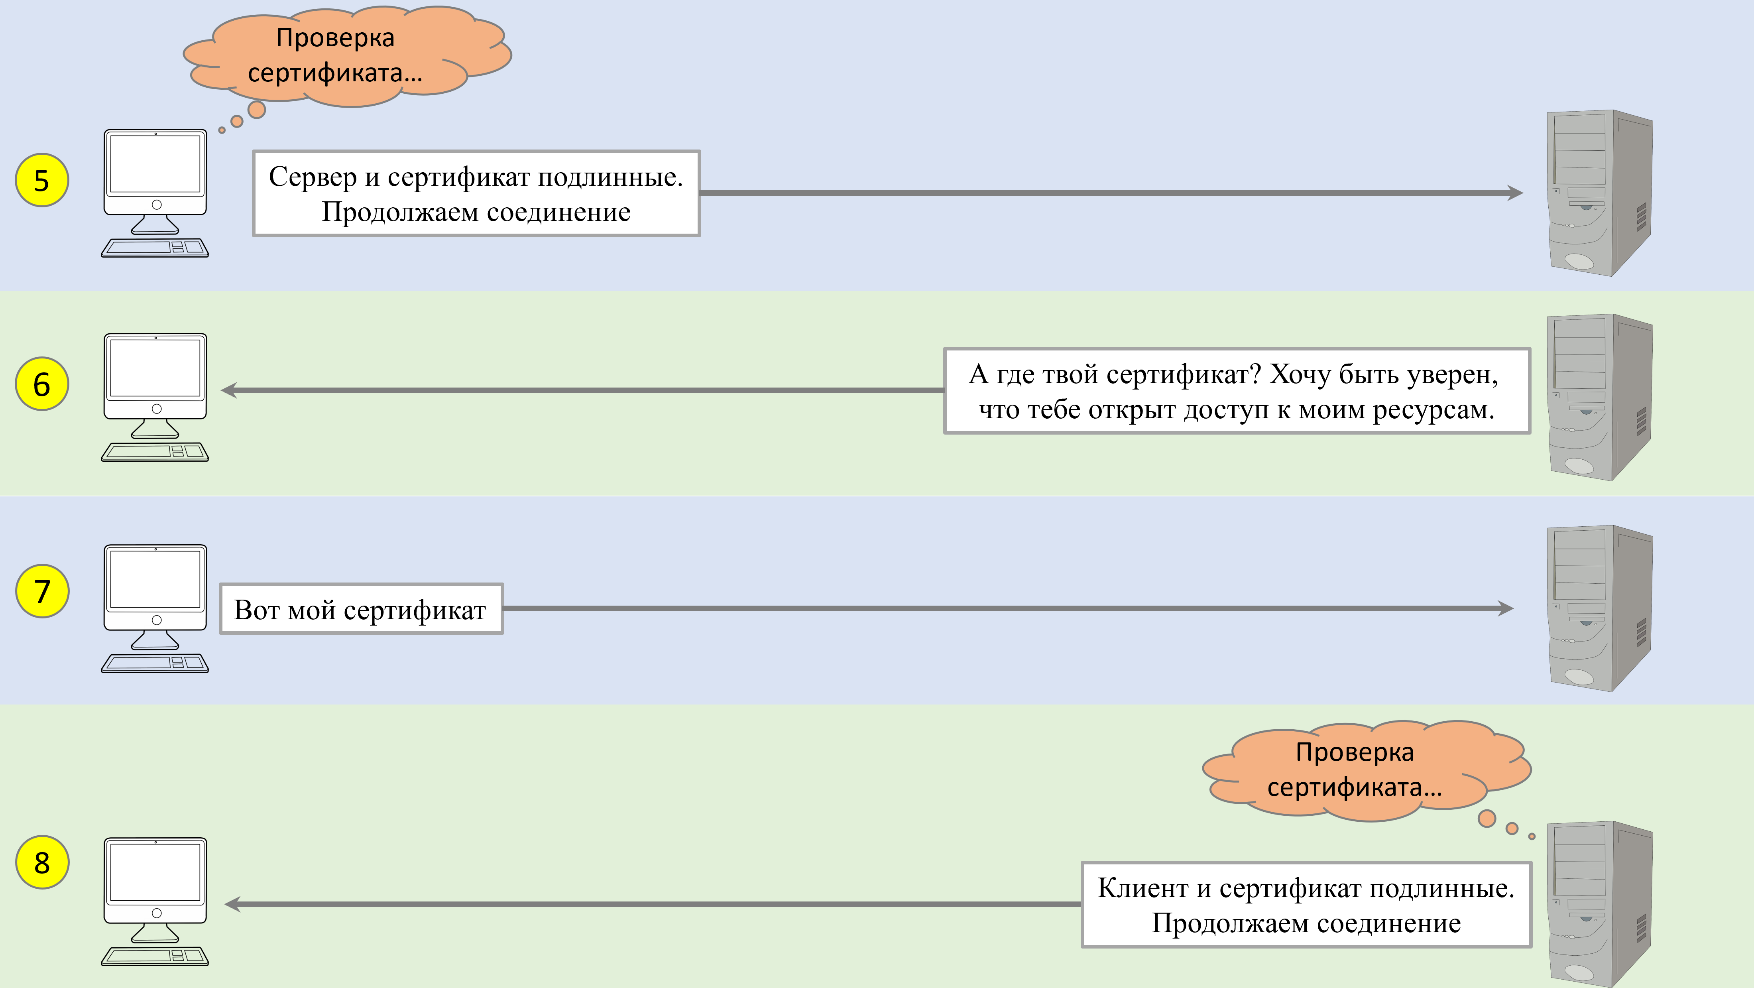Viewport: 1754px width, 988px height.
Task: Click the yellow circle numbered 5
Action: pyautogui.click(x=41, y=181)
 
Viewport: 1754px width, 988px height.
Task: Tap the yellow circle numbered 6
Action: pyautogui.click(x=41, y=384)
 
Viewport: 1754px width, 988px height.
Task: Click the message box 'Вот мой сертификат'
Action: pyautogui.click(x=361, y=609)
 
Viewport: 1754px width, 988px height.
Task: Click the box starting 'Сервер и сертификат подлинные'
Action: pyautogui.click(x=476, y=194)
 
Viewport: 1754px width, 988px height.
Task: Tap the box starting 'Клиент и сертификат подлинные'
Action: pyautogui.click(x=1306, y=905)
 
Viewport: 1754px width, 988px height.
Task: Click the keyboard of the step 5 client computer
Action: pyautogui.click(x=155, y=248)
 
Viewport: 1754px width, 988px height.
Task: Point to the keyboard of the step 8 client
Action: pyautogui.click(x=155, y=956)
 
